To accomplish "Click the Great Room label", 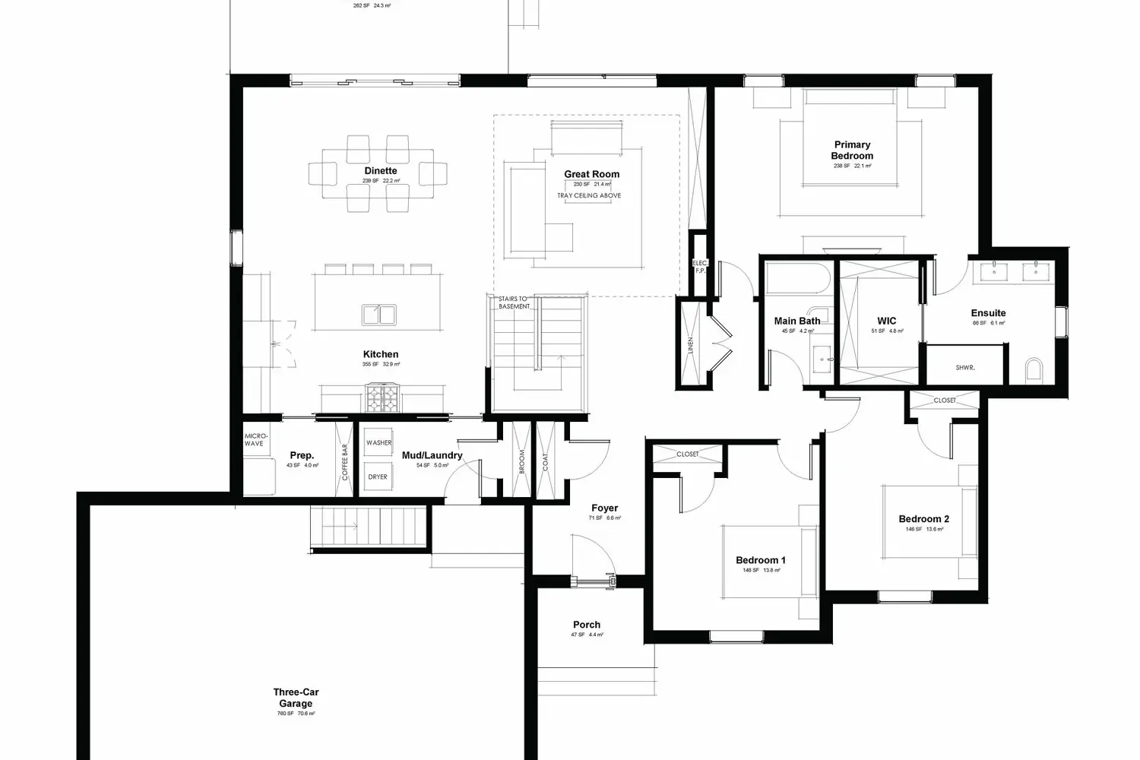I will (x=591, y=174).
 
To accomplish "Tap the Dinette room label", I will (x=380, y=171).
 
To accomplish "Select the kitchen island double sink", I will (x=378, y=314).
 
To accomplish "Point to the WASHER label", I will (x=378, y=442).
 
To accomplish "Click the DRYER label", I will (x=378, y=477).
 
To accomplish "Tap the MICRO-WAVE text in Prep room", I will (x=255, y=439).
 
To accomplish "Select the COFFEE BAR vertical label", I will (x=344, y=462).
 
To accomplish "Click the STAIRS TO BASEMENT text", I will (x=514, y=302).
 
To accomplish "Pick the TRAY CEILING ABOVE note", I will (x=589, y=195).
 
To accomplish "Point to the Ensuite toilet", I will (x=1034, y=370).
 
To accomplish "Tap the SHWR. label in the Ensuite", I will (x=964, y=368).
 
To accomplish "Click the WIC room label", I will (x=886, y=321).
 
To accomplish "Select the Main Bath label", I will (x=797, y=321).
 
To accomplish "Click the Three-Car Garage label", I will (x=296, y=698).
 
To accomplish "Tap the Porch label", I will (x=587, y=625).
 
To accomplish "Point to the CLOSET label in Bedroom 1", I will (x=687, y=454).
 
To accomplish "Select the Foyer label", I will (x=604, y=508).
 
